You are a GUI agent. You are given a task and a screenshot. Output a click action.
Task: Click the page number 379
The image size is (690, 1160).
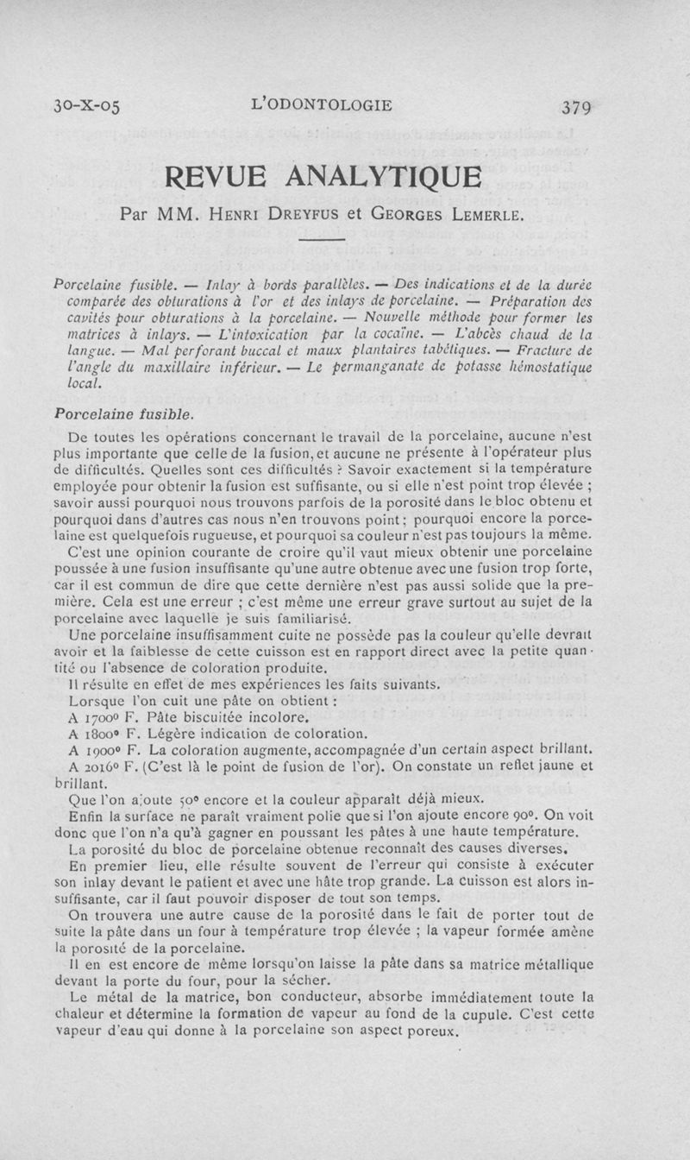[x=577, y=108]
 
